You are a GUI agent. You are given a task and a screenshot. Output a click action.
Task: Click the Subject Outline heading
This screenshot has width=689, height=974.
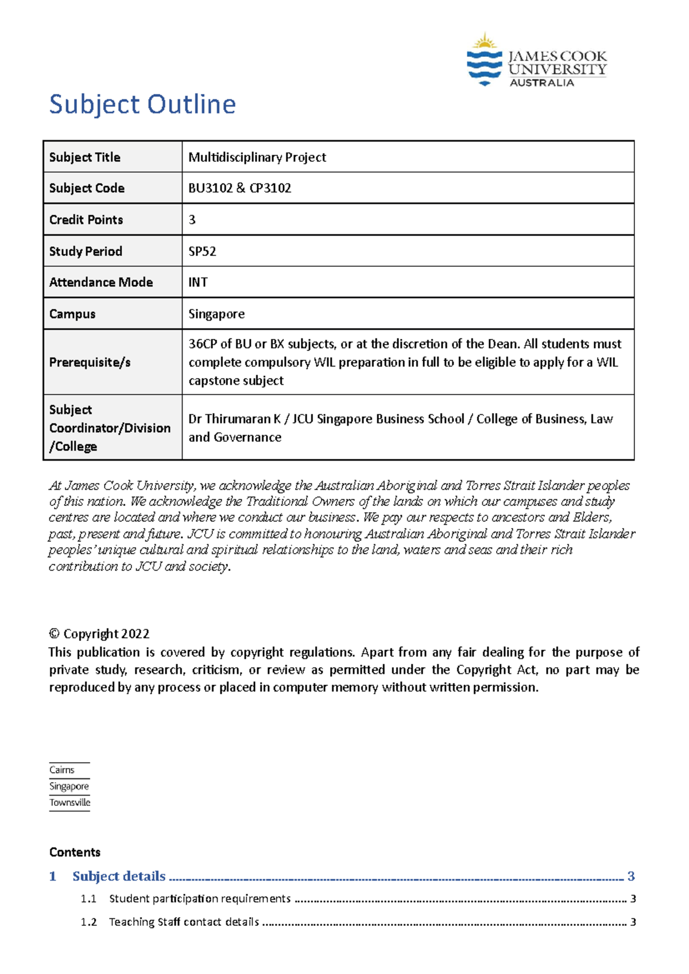pyautogui.click(x=142, y=104)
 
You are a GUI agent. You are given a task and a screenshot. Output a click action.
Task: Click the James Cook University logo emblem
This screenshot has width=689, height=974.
pyautogui.click(x=485, y=60)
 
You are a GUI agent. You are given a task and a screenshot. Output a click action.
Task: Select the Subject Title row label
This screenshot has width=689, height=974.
pyautogui.click(x=85, y=157)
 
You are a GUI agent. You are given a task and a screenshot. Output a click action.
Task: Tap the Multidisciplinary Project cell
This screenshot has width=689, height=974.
pyautogui.click(x=257, y=157)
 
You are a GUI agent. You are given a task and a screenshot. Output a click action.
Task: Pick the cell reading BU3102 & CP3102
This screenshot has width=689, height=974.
pyautogui.click(x=240, y=188)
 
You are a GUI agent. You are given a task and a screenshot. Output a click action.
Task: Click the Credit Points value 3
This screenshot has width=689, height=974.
pyautogui.click(x=192, y=220)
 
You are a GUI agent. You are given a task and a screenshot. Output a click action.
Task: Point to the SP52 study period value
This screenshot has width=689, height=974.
pyautogui.click(x=203, y=251)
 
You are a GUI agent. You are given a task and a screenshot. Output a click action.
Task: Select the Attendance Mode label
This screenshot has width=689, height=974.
pyautogui.click(x=101, y=282)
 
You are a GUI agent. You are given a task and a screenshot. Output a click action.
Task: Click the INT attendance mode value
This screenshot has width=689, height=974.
pyautogui.click(x=198, y=282)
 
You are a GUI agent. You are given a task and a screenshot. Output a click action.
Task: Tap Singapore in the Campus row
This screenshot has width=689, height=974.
pyautogui.click(x=216, y=314)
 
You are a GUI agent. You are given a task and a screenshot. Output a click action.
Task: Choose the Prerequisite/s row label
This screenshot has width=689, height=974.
pyautogui.click(x=90, y=362)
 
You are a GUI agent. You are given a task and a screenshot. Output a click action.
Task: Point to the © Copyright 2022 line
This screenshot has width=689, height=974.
pyautogui.click(x=99, y=634)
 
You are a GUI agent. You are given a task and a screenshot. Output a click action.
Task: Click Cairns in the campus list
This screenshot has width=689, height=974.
pyautogui.click(x=62, y=770)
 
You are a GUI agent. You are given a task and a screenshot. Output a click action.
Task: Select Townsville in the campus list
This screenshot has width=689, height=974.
pyautogui.click(x=70, y=802)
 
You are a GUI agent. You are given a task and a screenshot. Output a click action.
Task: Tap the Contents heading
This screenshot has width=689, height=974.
pyautogui.click(x=75, y=852)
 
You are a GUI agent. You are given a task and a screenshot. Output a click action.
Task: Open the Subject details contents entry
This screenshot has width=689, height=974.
pyautogui.click(x=119, y=876)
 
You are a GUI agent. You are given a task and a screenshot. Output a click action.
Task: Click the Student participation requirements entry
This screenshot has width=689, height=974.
pyautogui.click(x=200, y=899)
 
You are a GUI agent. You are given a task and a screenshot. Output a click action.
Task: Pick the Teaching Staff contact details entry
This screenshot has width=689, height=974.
pyautogui.click(x=184, y=922)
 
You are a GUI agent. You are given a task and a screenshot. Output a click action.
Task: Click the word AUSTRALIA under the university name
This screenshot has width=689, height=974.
pyautogui.click(x=542, y=83)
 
